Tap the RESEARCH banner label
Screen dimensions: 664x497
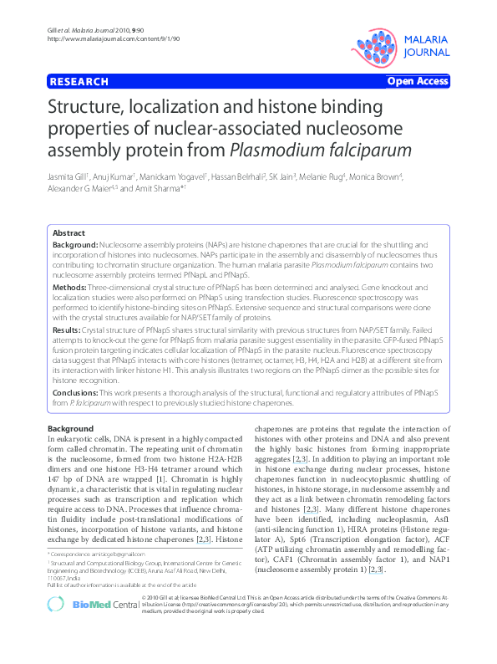(x=79, y=82)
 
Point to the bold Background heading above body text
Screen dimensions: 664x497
(x=71, y=429)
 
